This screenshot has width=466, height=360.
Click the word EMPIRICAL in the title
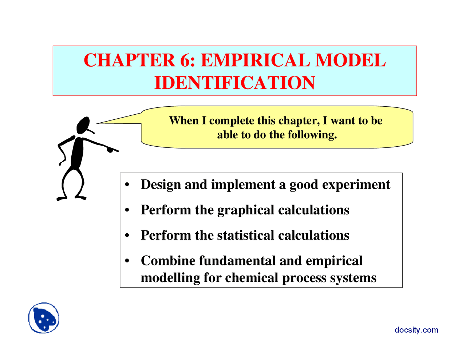(255, 60)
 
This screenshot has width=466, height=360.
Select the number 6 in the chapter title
(186, 60)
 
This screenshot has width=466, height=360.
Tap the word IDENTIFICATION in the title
(234, 83)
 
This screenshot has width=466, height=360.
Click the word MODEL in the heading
(350, 60)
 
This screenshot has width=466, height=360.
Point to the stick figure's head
(83, 125)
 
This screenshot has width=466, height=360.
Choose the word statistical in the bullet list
(245, 236)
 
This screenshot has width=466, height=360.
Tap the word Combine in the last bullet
(168, 261)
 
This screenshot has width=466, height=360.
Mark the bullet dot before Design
(127, 185)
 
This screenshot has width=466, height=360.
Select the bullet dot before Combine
(127, 261)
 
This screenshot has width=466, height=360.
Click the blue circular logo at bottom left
(44, 318)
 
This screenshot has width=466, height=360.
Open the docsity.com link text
(416, 330)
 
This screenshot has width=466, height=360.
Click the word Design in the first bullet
(161, 185)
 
